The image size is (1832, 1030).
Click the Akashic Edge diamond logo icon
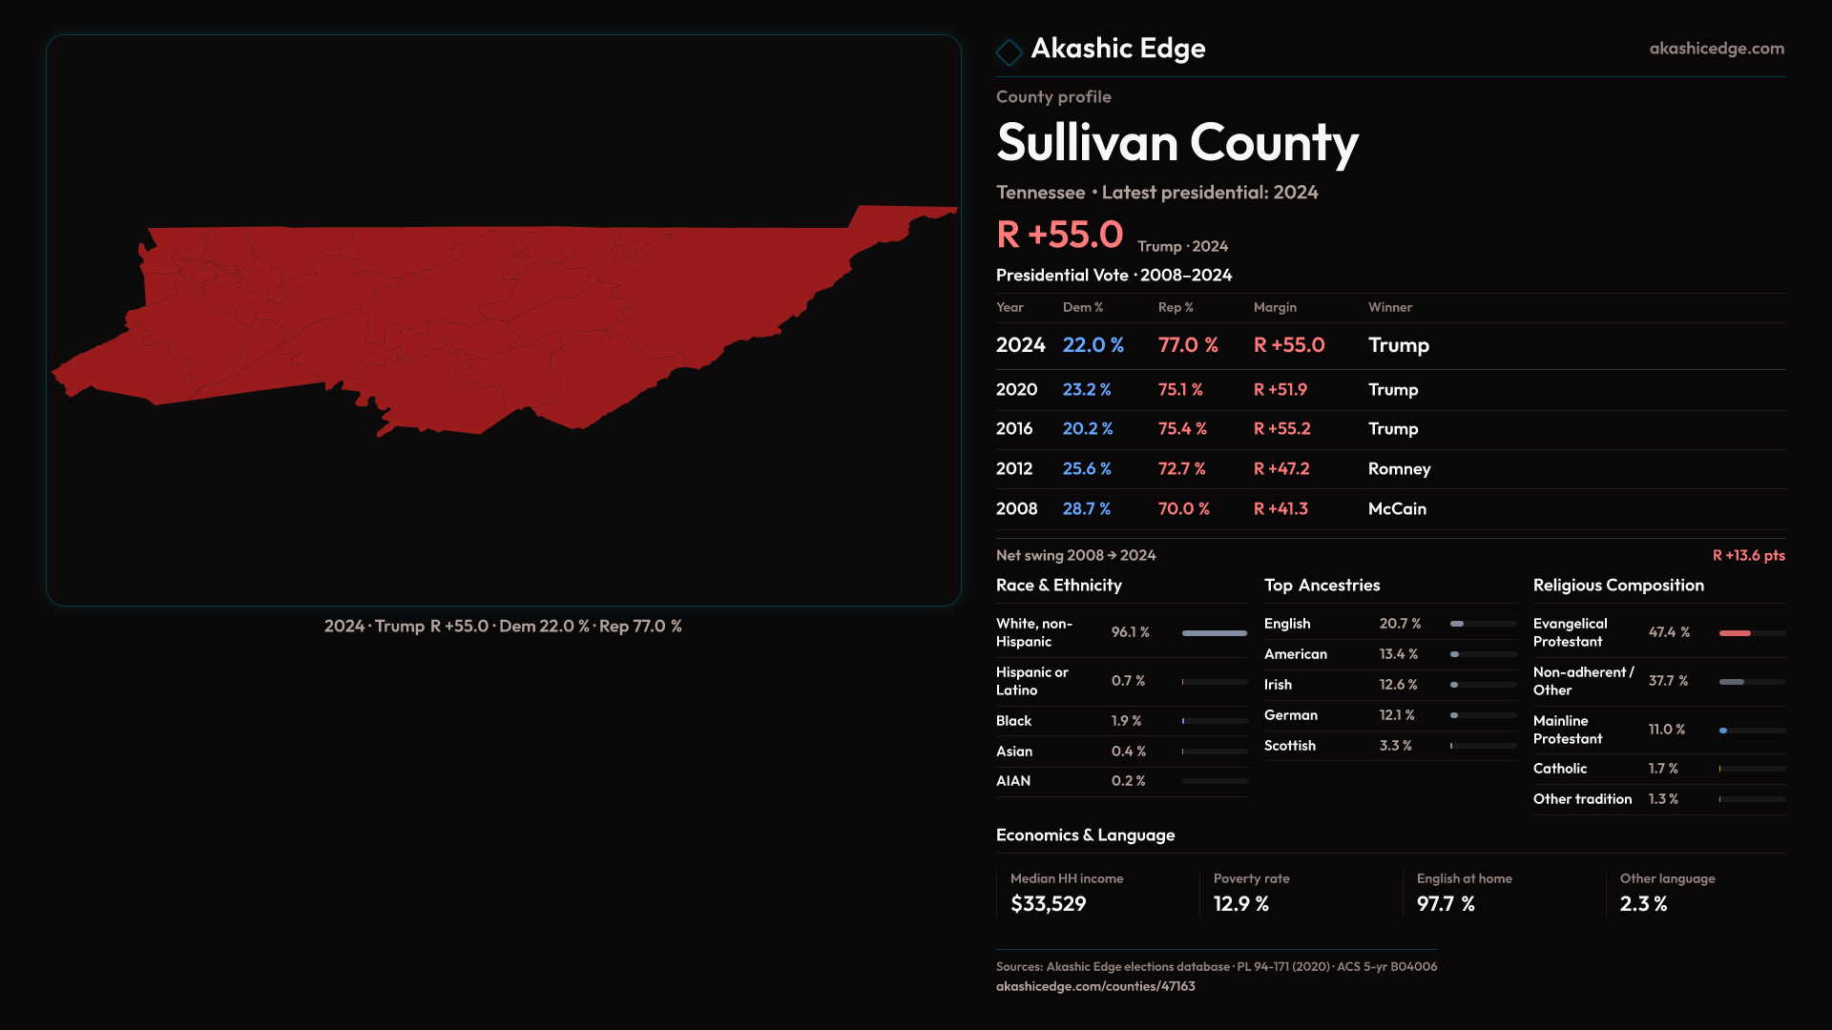point(1009,51)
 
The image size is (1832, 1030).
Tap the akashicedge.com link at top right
point(1716,49)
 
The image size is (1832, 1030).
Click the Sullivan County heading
point(1176,143)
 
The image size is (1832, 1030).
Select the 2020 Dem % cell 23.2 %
point(1087,390)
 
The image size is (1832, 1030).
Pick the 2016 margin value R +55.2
point(1281,429)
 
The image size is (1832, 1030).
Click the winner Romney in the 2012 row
point(1399,469)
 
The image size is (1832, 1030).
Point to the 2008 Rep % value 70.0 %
point(1183,509)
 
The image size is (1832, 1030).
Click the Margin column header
point(1275,307)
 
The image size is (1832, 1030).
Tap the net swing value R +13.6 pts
point(1748,555)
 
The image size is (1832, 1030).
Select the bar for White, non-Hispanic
point(1214,633)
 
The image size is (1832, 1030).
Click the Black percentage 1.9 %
point(1126,721)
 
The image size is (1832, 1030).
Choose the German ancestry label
point(1290,715)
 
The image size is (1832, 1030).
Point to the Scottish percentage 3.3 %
point(1395,746)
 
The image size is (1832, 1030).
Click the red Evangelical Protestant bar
point(1735,633)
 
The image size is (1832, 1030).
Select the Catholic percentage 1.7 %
point(1662,769)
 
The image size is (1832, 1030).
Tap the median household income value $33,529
point(1048,904)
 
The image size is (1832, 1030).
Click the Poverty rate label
point(1251,878)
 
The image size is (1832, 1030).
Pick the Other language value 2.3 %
point(1643,904)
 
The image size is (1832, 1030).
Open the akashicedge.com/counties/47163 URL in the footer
point(1094,986)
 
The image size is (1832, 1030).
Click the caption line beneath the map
point(503,627)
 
